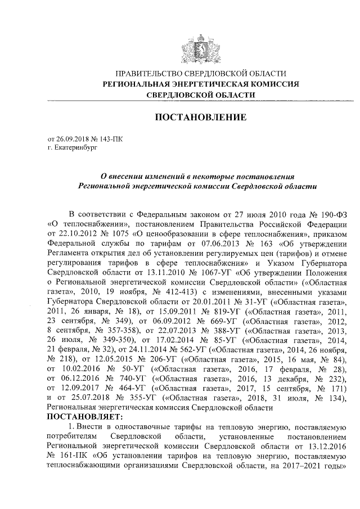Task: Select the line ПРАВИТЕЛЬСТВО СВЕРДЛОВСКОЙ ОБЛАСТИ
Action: click(x=201, y=74)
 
